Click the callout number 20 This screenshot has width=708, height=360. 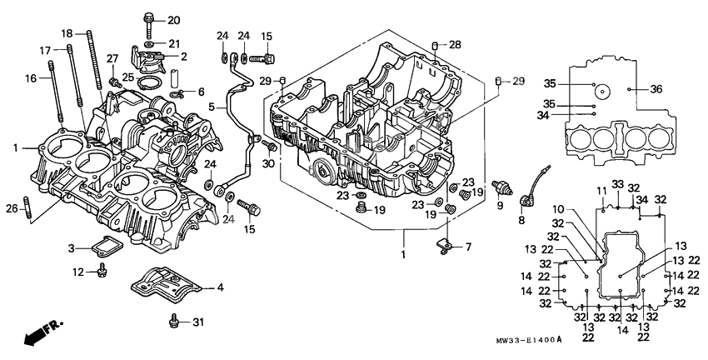point(173,20)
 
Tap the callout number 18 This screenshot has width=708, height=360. point(67,33)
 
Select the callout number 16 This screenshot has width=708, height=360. point(32,78)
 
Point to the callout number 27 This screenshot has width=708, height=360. point(112,57)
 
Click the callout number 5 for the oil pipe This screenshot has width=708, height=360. point(212,107)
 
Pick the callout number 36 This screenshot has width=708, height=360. point(656,89)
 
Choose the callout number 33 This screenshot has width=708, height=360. point(617,184)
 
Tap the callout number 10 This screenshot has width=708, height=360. point(581,208)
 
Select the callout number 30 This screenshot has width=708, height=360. point(268,163)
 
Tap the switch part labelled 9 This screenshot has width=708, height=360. point(500,186)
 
